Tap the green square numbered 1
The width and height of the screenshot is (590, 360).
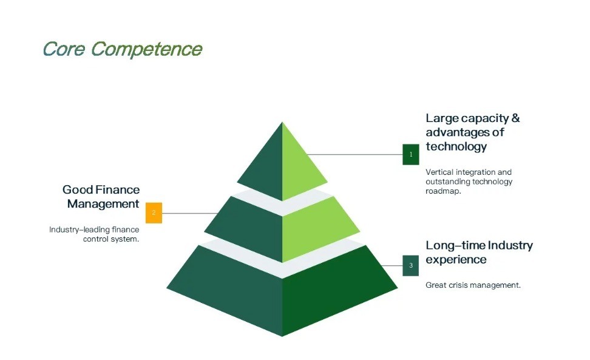(x=411, y=154)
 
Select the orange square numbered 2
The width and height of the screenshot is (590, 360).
(x=154, y=213)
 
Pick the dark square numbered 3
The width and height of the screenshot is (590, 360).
(x=411, y=265)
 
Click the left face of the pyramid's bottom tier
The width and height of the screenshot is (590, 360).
(x=234, y=285)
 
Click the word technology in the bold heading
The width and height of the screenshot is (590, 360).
(x=456, y=146)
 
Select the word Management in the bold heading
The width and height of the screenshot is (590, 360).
(x=103, y=204)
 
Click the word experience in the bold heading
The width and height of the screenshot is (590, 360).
(x=456, y=260)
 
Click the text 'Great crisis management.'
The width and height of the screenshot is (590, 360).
(x=473, y=285)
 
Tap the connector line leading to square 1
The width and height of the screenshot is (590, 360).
(x=355, y=154)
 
